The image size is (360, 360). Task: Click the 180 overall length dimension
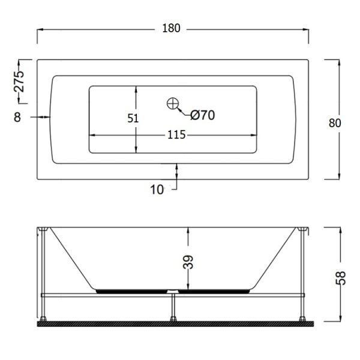(x=171, y=28)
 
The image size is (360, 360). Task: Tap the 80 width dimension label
(x=335, y=123)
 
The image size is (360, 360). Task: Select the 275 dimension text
(x=19, y=82)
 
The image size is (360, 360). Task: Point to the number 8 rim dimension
(x=17, y=117)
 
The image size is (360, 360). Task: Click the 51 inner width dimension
(x=133, y=118)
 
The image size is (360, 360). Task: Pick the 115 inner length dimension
(x=176, y=135)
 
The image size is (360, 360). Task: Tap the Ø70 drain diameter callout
(x=203, y=115)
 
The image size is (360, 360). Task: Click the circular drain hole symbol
(x=173, y=104)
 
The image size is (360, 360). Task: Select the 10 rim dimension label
(x=157, y=190)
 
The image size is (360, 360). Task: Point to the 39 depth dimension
(x=188, y=262)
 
